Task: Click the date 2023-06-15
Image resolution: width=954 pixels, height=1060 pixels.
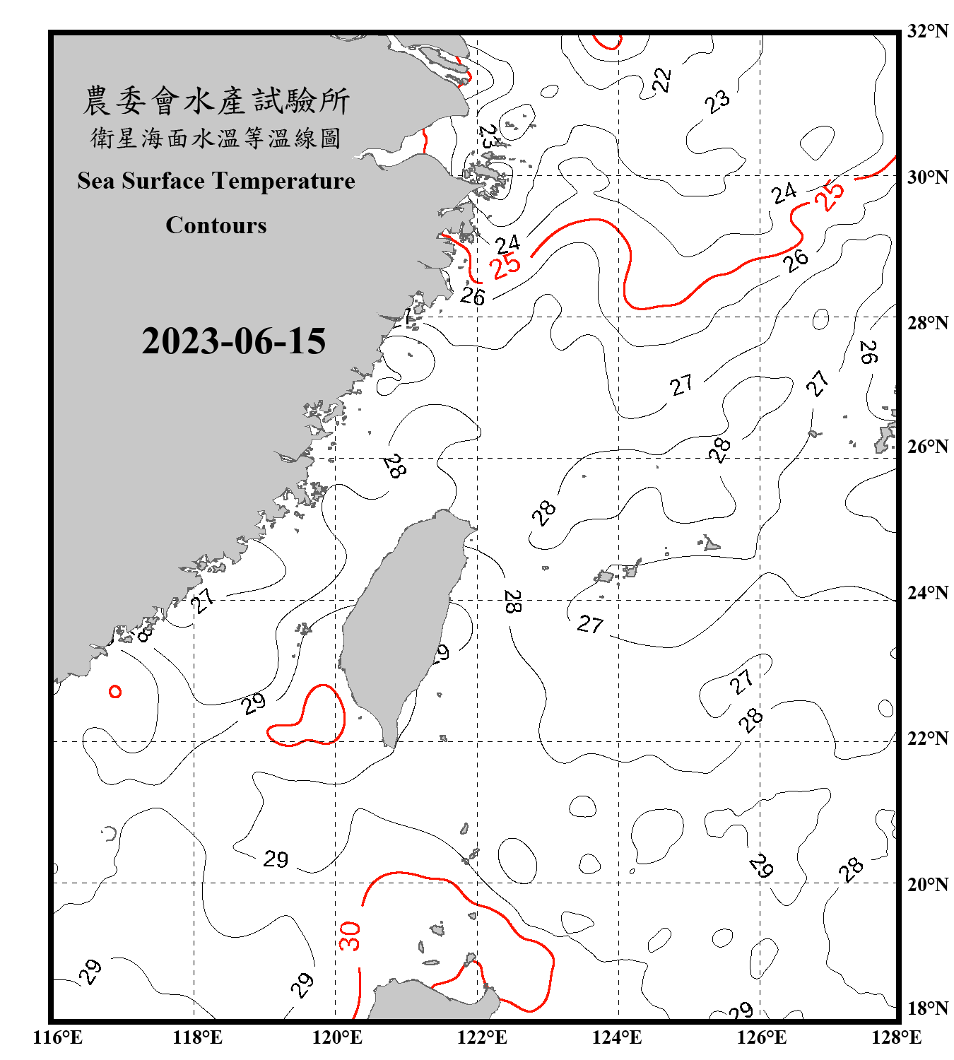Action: pyautogui.click(x=233, y=341)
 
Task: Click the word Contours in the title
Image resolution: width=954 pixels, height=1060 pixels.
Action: pyautogui.click(x=216, y=225)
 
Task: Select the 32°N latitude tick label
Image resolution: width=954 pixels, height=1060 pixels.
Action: pyautogui.click(x=927, y=31)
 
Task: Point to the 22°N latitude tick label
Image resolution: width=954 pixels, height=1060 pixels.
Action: pyautogui.click(x=927, y=738)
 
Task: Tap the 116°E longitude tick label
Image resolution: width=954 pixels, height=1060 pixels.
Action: pyautogui.click(x=58, y=1037)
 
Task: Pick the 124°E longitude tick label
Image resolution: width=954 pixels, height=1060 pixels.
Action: pyautogui.click(x=617, y=1037)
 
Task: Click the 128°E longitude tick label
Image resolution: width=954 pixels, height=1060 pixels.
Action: pyautogui.click(x=896, y=1037)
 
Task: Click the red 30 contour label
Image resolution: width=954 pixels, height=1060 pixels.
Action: pyautogui.click(x=350, y=936)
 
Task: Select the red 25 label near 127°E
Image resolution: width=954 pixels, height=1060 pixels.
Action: pyautogui.click(x=829, y=195)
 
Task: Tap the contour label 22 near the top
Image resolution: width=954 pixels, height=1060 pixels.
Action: pyautogui.click(x=661, y=80)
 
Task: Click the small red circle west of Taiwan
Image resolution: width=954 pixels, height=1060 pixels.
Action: pyautogui.click(x=115, y=692)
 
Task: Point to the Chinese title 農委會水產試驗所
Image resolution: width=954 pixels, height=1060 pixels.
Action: pyautogui.click(x=216, y=101)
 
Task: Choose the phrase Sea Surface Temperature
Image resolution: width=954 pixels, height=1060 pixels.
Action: pyautogui.click(x=216, y=181)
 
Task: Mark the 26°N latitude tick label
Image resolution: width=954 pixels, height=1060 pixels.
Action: pyautogui.click(x=927, y=447)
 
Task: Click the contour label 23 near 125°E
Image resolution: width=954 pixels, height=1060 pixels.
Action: pyautogui.click(x=717, y=101)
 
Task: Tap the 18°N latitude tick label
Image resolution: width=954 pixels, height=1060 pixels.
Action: pyautogui.click(x=927, y=1008)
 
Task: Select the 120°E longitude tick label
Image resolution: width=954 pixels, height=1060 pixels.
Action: pyautogui.click(x=337, y=1037)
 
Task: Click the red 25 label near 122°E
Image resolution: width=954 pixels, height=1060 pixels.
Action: pyautogui.click(x=506, y=266)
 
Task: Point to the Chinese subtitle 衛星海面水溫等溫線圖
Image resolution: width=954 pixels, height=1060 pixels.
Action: pyautogui.click(x=216, y=139)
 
